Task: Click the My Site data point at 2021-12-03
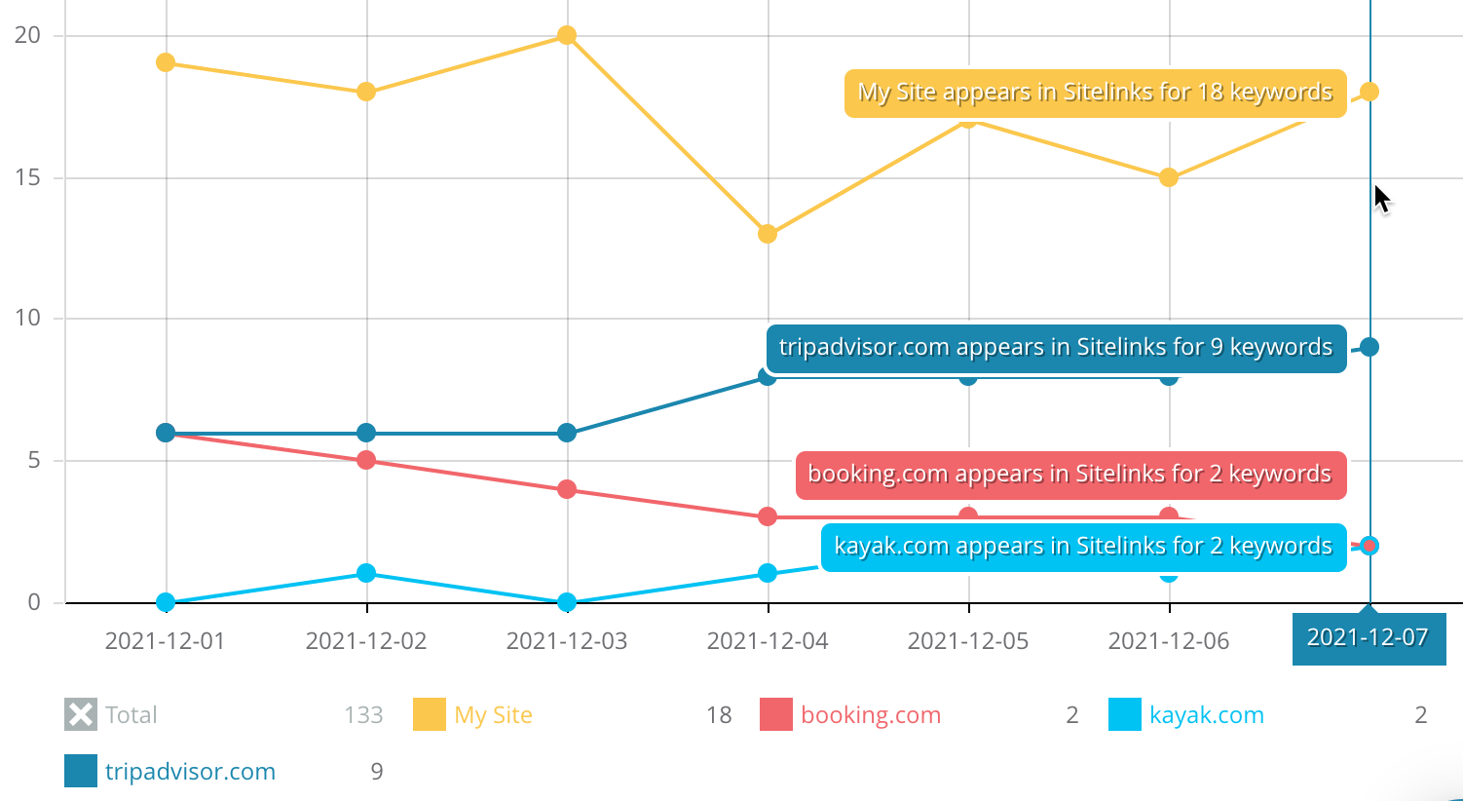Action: pyautogui.click(x=567, y=36)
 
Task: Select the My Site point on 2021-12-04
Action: pyautogui.click(x=768, y=234)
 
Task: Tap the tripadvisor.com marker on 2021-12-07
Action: pyautogui.click(x=1369, y=347)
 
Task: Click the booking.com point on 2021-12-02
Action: pyautogui.click(x=366, y=460)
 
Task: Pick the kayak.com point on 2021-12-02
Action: pyautogui.click(x=366, y=573)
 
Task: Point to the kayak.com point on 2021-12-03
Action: pyautogui.click(x=567, y=602)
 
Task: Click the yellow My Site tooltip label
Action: pyautogui.click(x=1095, y=94)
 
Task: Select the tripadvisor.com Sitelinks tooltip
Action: pyautogui.click(x=1056, y=348)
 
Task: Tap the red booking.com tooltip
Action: pyautogui.click(x=1069, y=475)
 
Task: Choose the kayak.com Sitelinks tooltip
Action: pyautogui.click(x=1083, y=547)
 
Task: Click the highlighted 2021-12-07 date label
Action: pyautogui.click(x=1368, y=638)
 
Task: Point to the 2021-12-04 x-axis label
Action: pyautogui.click(x=768, y=641)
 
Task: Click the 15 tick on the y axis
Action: pyautogui.click(x=28, y=177)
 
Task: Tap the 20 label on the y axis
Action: pyautogui.click(x=28, y=36)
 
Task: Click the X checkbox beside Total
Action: pyautogui.click(x=81, y=715)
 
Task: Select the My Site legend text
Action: pyautogui.click(x=493, y=715)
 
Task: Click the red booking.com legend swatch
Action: pyautogui.click(x=776, y=715)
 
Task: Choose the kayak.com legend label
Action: pyautogui.click(x=1206, y=715)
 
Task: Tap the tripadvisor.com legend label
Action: pyautogui.click(x=190, y=772)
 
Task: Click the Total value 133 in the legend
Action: pyautogui.click(x=363, y=715)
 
